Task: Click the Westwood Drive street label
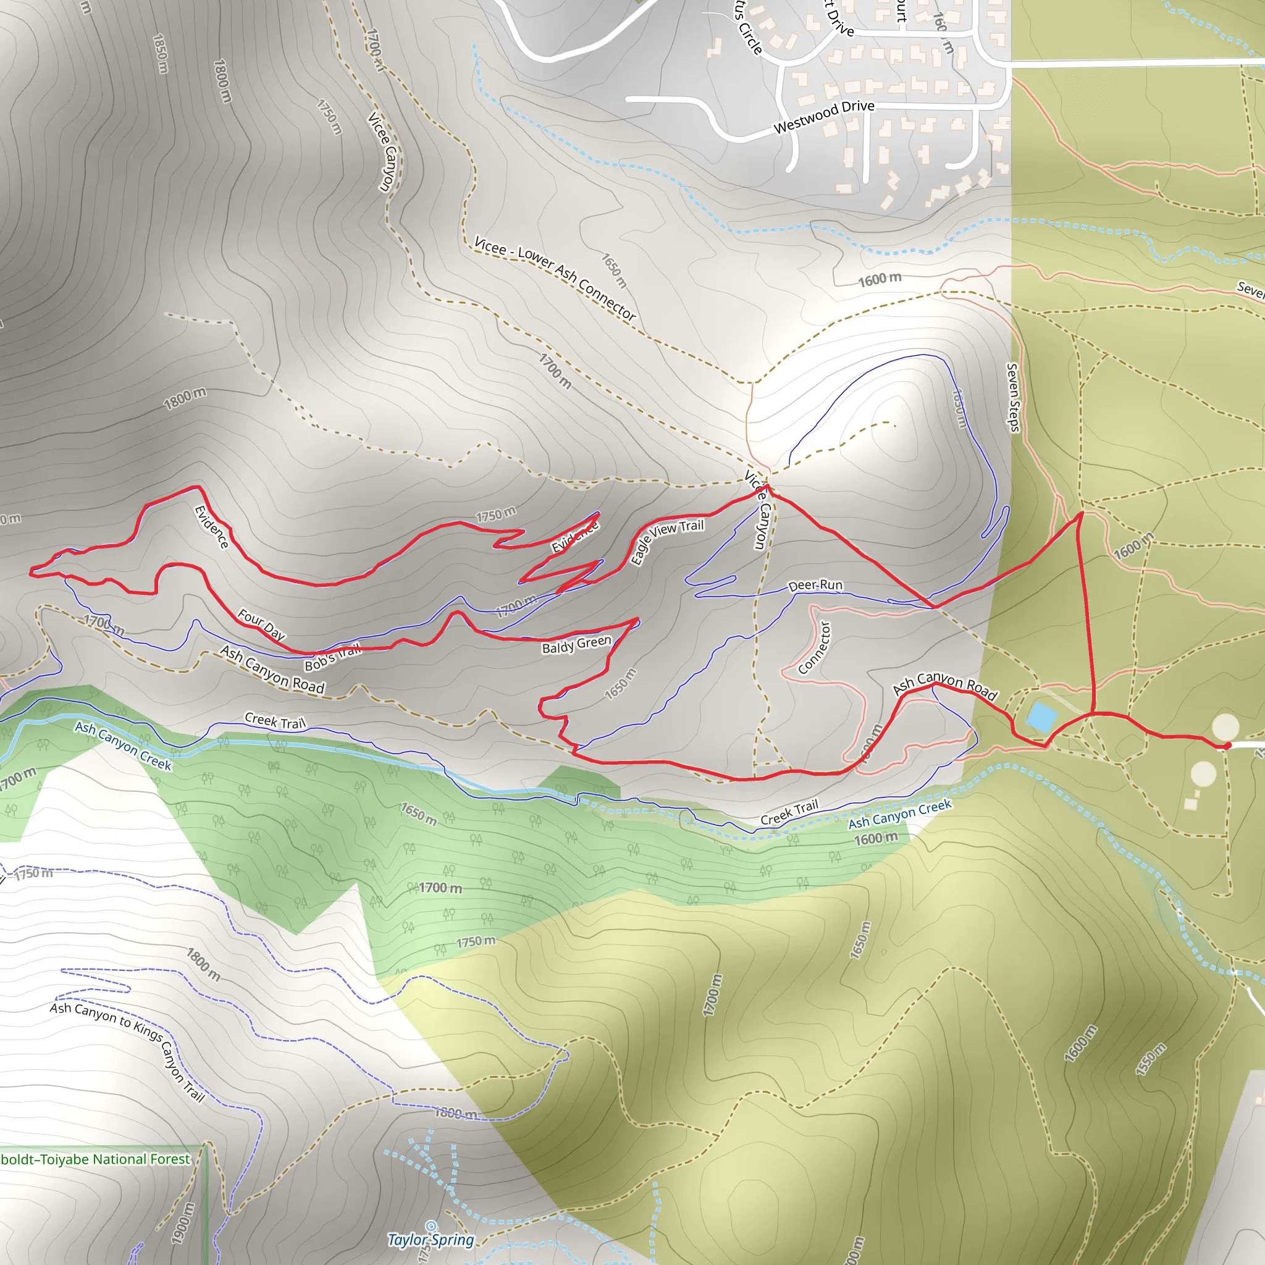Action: click(824, 116)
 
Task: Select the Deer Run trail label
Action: click(815, 585)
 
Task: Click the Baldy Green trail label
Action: click(576, 645)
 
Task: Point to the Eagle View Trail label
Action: click(666, 541)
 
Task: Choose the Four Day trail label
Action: click(261, 624)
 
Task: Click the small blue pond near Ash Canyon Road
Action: click(1041, 717)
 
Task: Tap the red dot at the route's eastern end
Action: click(1228, 745)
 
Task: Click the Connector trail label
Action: click(815, 647)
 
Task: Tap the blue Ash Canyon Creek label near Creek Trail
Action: click(899, 814)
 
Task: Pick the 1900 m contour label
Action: click(183, 1223)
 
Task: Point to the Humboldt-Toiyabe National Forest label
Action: click(95, 1159)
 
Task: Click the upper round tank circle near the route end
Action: click(1225, 726)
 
